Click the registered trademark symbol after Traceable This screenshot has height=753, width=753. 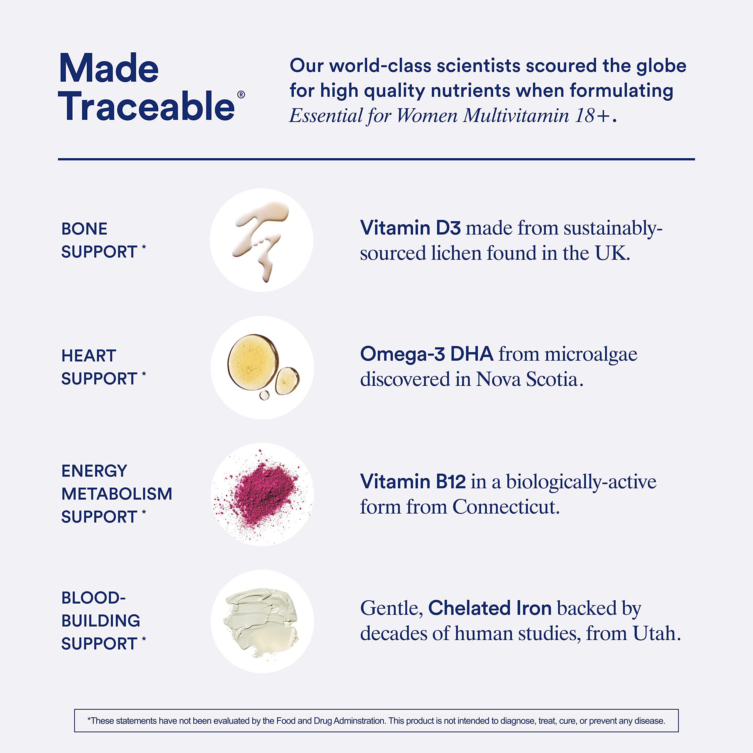pyautogui.click(x=241, y=95)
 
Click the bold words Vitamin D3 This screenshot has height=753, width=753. pyautogui.click(x=410, y=228)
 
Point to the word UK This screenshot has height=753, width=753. pyautogui.click(x=612, y=253)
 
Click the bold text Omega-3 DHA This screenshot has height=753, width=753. pyautogui.click(x=427, y=354)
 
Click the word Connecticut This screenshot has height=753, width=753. pyautogui.click(x=506, y=507)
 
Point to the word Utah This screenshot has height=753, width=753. pyautogui.click(x=657, y=633)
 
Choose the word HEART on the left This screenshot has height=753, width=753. pyautogui.click(x=89, y=355)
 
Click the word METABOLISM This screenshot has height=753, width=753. pyautogui.click(x=117, y=494)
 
